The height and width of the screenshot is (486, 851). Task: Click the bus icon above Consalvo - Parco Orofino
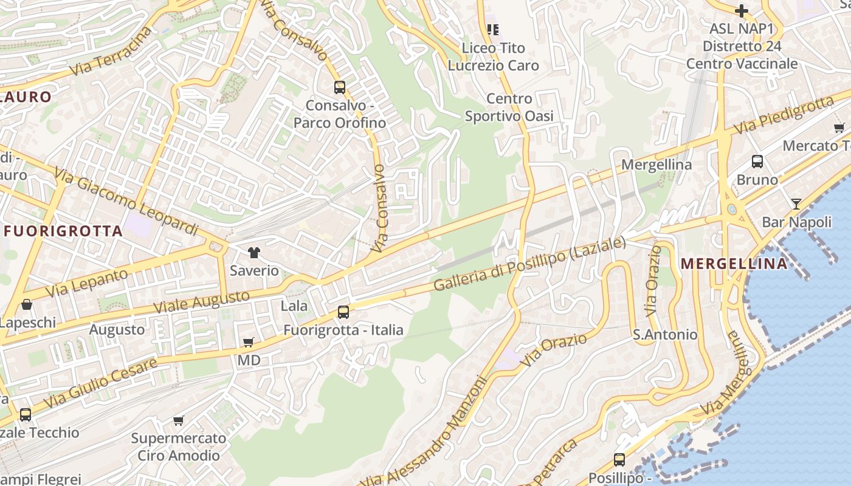pos(339,87)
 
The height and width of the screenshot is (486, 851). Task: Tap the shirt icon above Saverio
pos(253,253)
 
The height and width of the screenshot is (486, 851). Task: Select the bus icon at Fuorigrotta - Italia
pos(343,312)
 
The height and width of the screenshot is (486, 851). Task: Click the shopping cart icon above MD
pos(248,343)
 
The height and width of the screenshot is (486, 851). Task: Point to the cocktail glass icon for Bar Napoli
pos(796,204)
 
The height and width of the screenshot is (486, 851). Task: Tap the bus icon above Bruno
pos(757,162)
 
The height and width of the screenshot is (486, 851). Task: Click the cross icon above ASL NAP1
pos(741,10)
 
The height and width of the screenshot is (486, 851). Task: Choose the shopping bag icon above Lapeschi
pos(27,304)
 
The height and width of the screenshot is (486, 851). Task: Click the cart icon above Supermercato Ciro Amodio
pos(179,420)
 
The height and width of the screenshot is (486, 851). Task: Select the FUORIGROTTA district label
pos(63,231)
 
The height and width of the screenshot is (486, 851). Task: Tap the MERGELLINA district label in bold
pos(734,264)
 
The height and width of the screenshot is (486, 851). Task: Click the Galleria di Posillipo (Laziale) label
pos(529,264)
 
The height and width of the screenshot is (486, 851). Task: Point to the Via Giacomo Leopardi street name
pos(126,201)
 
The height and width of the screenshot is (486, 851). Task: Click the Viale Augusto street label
pos(201,302)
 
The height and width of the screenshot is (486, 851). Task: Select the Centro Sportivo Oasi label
pos(509,108)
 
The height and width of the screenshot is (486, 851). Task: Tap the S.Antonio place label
pos(665,334)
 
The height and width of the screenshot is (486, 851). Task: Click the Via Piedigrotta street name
pos(784,115)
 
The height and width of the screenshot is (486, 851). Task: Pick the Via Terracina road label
pos(110,52)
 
